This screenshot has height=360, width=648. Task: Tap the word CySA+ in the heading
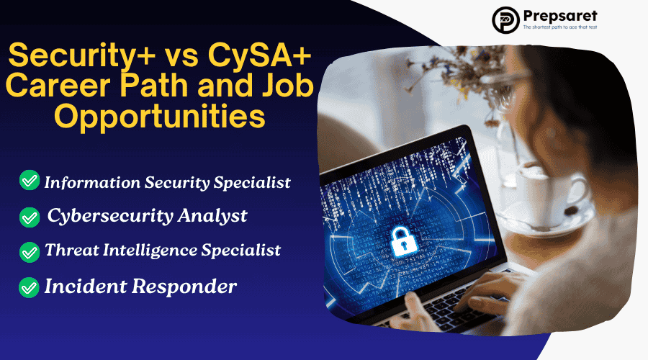point(259,55)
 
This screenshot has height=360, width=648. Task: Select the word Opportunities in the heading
point(160,116)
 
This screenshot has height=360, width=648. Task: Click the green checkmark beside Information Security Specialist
point(30,180)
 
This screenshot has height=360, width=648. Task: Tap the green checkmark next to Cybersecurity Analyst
point(30,217)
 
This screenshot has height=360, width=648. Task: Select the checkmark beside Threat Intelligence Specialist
point(30,252)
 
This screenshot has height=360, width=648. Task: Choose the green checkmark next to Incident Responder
point(29,287)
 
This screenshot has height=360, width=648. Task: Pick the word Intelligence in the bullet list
point(150,250)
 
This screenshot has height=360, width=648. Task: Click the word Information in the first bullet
point(92,182)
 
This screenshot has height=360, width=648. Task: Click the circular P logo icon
point(505,20)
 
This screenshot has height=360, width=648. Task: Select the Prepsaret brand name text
point(560,16)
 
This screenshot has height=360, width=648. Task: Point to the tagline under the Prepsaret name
point(560,27)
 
